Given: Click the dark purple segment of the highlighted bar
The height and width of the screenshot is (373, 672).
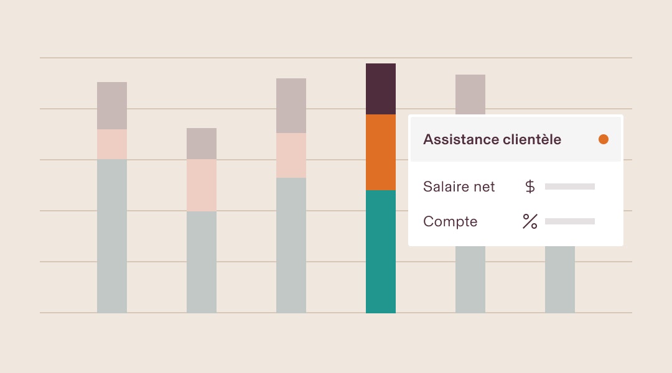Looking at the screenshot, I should click(x=381, y=89).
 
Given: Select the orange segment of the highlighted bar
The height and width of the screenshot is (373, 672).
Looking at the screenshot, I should click(x=381, y=152).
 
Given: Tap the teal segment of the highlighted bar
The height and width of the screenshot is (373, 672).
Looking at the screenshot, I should click(x=381, y=251).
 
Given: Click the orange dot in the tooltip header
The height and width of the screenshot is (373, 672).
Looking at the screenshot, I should click(x=604, y=139).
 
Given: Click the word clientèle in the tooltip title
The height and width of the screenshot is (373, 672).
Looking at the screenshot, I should click(x=531, y=139).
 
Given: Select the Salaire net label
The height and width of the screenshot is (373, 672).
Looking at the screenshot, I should click(x=459, y=186).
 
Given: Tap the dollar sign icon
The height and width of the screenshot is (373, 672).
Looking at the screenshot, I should click(x=530, y=186).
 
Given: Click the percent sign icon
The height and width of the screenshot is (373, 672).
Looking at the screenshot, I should click(x=530, y=221).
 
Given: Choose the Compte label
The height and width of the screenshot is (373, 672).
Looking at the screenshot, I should click(x=450, y=221).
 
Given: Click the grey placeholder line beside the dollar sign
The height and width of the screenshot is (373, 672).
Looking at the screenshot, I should click(x=570, y=186).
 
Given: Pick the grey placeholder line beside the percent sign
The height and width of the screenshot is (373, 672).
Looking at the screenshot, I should click(x=570, y=221).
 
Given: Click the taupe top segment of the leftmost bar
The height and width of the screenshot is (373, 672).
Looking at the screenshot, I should click(x=112, y=106).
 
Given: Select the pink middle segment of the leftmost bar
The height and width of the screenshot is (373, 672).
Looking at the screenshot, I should click(x=112, y=144).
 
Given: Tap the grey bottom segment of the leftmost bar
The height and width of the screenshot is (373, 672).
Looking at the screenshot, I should click(x=112, y=236).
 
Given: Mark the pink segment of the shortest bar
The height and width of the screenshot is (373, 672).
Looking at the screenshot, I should click(x=202, y=185).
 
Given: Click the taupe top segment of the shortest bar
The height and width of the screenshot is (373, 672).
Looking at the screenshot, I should click(x=202, y=144).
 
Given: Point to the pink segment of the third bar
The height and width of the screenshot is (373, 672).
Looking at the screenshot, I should click(x=291, y=155).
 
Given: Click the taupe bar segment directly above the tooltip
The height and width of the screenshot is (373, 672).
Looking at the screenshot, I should click(x=470, y=94).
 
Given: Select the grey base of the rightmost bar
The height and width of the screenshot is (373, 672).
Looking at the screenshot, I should click(x=560, y=280).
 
